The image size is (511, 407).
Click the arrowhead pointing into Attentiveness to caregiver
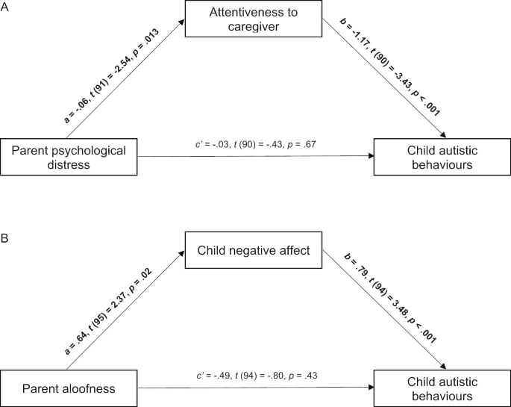click(181, 25)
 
